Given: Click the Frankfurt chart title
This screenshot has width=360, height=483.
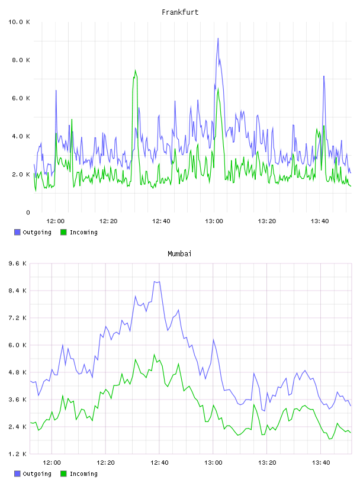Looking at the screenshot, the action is [x=180, y=12].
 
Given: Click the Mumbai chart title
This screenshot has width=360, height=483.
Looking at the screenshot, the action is [x=179, y=254].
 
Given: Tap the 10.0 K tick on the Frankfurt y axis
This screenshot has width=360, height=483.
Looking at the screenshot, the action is [x=19, y=22].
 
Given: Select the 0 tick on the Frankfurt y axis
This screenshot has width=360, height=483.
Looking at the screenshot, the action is [x=28, y=212].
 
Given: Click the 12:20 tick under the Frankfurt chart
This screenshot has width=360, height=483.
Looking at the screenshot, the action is [x=108, y=221].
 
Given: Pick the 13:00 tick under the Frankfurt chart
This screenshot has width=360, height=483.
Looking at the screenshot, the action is [x=214, y=221].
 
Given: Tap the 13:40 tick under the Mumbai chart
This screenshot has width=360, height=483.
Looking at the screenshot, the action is [x=321, y=463].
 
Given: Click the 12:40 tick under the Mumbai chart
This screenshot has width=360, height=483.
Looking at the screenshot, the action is [x=159, y=463].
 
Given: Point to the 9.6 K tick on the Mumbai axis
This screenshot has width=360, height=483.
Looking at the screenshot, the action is [x=17, y=263].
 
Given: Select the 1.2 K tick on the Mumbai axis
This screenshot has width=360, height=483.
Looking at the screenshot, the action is [x=17, y=454].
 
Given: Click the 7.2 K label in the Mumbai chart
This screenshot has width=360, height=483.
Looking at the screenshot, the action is [x=17, y=318].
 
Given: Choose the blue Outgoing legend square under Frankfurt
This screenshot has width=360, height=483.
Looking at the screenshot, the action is [x=17, y=232].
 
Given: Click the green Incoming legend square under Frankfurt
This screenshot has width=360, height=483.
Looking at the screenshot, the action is [x=63, y=232].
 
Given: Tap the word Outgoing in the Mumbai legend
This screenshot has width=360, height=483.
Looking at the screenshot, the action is [x=37, y=474].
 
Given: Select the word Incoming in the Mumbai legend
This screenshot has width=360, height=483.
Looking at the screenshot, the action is [x=83, y=474].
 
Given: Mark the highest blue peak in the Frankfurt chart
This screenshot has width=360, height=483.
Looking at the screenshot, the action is [x=218, y=38].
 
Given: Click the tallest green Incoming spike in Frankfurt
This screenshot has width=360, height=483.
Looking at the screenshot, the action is [x=135, y=70].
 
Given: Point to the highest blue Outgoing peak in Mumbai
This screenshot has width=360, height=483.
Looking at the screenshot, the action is [x=157, y=282].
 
